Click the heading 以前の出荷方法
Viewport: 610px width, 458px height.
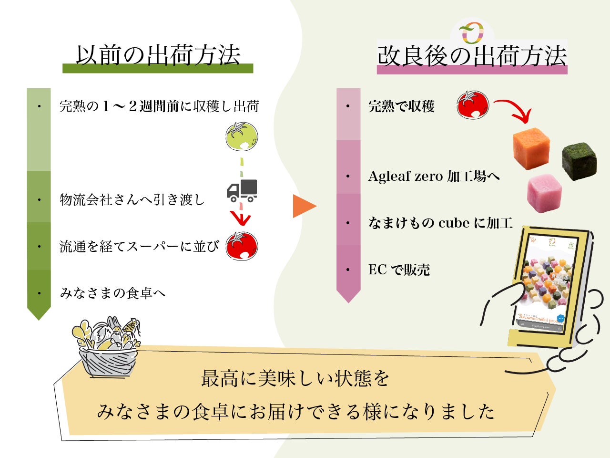[158, 55]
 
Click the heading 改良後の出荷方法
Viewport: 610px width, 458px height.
[472, 56]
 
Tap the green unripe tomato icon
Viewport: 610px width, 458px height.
[242, 136]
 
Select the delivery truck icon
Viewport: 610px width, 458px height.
[242, 190]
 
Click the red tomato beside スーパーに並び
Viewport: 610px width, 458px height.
[242, 246]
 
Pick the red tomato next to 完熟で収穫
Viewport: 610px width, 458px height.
[473, 104]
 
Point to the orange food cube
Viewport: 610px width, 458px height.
[531, 147]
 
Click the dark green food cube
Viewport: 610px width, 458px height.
[579, 161]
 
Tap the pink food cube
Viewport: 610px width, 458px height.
[544, 193]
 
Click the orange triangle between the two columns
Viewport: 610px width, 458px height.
[304, 206]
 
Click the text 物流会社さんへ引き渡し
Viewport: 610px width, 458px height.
[132, 199]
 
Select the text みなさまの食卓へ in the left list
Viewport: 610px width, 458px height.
[112, 293]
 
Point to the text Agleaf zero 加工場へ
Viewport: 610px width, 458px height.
[434, 177]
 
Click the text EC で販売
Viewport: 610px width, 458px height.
[399, 270]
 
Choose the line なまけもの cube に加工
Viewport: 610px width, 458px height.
[440, 223]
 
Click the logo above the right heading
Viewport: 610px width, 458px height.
[471, 32]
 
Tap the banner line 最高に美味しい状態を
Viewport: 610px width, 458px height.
[295, 379]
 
